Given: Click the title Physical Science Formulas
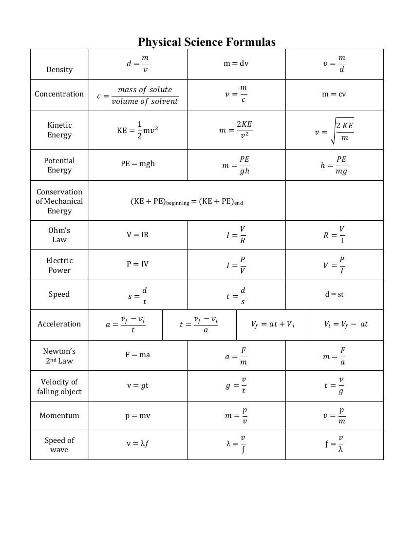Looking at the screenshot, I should point(207,42).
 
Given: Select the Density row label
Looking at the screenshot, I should point(59,70).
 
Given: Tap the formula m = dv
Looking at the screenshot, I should point(236,63).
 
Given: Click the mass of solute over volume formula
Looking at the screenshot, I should point(138,96).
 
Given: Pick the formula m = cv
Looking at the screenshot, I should point(334,94).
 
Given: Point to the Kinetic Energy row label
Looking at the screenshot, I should point(59,130).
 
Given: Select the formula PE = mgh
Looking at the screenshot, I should point(138,164).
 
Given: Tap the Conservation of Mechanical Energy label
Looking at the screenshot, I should point(59,201).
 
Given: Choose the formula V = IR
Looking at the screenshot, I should point(138,235).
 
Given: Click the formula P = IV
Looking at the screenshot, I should point(138,264).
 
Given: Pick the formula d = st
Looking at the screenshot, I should point(334,294).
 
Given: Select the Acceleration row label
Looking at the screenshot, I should point(59,324).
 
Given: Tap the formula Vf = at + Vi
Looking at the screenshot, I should point(273,324).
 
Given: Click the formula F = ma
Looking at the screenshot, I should point(138,355).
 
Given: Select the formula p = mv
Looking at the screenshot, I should point(138,416).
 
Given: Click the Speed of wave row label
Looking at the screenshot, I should point(59,445).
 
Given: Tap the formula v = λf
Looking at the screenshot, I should point(138,443).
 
